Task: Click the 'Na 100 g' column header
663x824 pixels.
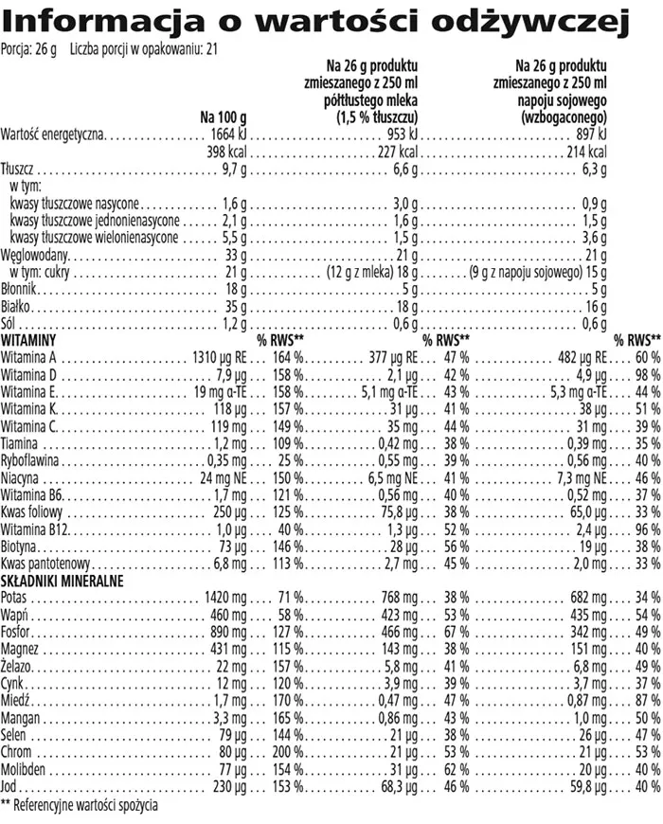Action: pyautogui.click(x=224, y=116)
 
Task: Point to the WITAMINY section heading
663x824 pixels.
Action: pyautogui.click(x=31, y=339)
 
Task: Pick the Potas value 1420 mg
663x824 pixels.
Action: pyautogui.click(x=225, y=599)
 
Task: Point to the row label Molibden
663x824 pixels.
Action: pyautogui.click(x=26, y=770)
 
